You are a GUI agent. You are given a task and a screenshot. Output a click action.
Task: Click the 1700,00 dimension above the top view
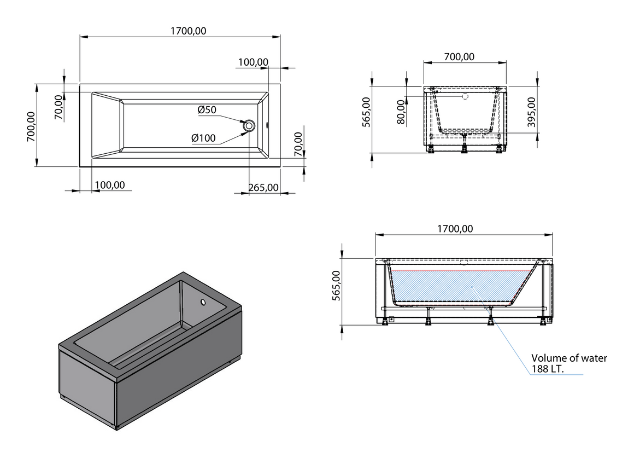coord(188,31)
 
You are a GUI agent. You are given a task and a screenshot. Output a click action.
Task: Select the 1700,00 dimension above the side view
coord(455,229)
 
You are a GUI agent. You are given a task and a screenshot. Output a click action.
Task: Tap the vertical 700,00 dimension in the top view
coord(31,126)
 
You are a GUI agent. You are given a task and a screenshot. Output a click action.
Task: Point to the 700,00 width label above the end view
coord(459,57)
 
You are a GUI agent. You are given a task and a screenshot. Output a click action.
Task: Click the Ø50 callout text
coord(207,110)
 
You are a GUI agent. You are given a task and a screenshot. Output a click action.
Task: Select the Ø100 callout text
coord(203,138)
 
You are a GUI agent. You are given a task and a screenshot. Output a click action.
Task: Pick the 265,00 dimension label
coord(263,188)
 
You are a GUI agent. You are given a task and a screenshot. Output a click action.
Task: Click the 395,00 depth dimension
coord(531,112)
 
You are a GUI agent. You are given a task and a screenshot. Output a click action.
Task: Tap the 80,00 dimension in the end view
coord(401,112)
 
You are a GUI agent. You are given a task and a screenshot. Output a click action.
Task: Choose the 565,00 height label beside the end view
coord(366,112)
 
